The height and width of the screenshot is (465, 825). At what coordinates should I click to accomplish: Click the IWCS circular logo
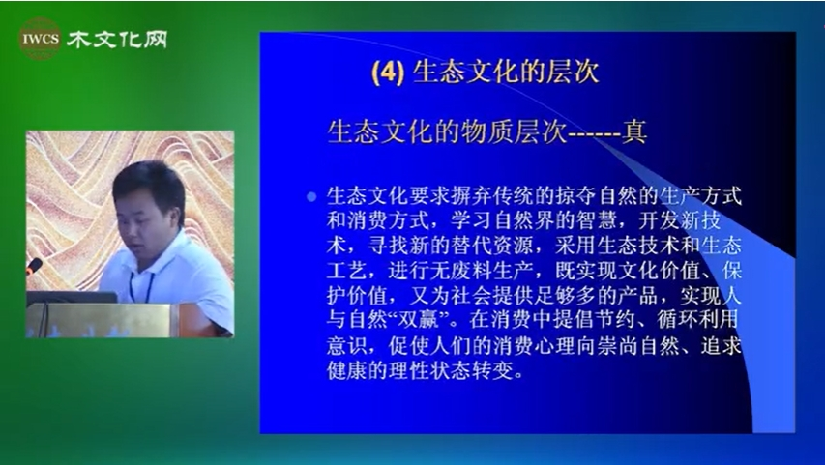pos(40,39)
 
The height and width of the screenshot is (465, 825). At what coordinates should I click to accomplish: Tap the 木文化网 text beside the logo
pos(117,40)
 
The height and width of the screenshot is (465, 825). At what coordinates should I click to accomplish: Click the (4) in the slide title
pos(388,73)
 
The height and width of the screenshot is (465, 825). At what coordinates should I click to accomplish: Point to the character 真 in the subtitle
pos(634,132)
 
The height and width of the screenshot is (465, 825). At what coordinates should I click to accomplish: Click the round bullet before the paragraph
pos(311,197)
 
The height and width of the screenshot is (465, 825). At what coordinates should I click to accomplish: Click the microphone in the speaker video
pos(34,266)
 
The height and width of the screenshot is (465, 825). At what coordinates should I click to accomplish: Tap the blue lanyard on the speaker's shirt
pos(141,287)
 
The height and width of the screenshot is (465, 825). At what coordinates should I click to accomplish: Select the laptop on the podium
pos(72,297)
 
